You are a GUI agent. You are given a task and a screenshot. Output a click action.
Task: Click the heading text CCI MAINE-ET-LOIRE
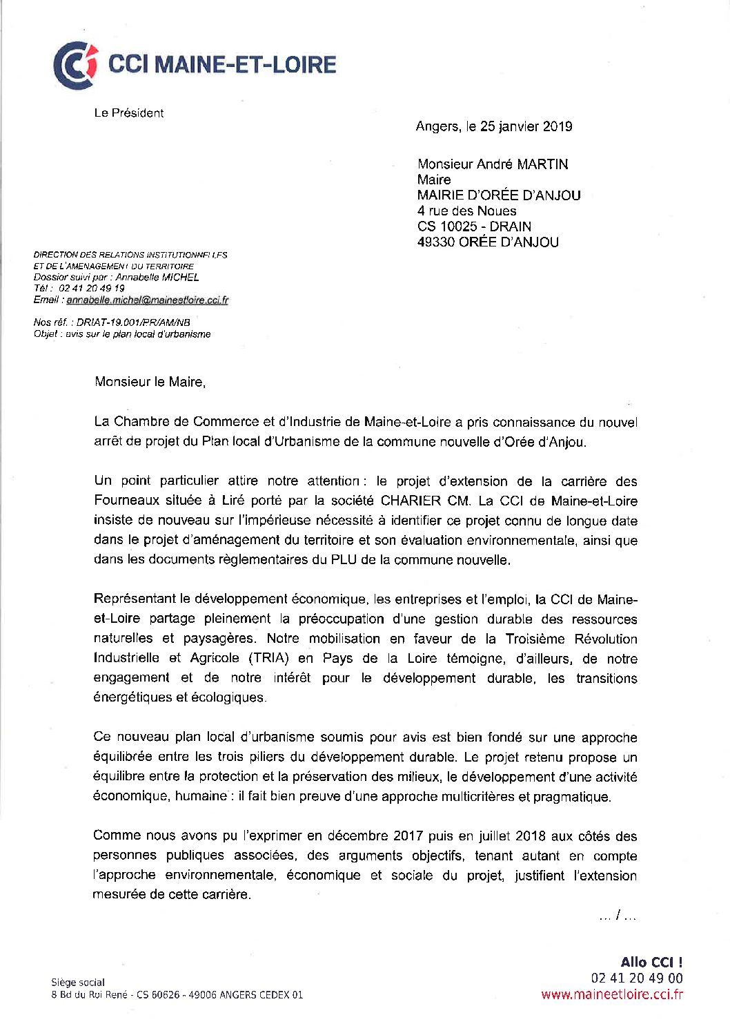pyautogui.click(x=222, y=65)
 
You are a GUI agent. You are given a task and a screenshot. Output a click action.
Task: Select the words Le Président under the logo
pyautogui.click(x=129, y=113)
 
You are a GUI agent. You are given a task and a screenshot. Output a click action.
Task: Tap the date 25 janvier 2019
pyautogui.click(x=526, y=126)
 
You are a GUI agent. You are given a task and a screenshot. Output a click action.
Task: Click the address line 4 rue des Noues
pyautogui.click(x=466, y=211)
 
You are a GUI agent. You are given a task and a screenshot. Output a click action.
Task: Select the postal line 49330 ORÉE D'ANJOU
pyautogui.click(x=488, y=242)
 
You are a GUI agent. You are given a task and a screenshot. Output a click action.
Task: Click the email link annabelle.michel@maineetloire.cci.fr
pyautogui.click(x=147, y=300)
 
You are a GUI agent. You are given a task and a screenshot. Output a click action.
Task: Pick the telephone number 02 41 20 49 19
pyautogui.click(x=92, y=289)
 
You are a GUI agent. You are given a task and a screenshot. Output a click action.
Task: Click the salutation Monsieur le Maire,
pyautogui.click(x=150, y=382)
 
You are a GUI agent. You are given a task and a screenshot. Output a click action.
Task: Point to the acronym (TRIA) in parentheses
pyautogui.click(x=268, y=658)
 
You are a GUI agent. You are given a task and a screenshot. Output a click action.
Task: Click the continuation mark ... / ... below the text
pyautogui.click(x=618, y=916)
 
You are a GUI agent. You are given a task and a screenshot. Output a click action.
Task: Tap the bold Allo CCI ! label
pyautogui.click(x=651, y=963)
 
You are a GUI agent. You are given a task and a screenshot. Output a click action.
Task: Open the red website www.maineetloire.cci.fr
pyautogui.click(x=612, y=995)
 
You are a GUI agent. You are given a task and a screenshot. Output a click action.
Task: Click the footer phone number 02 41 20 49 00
pyautogui.click(x=637, y=978)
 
